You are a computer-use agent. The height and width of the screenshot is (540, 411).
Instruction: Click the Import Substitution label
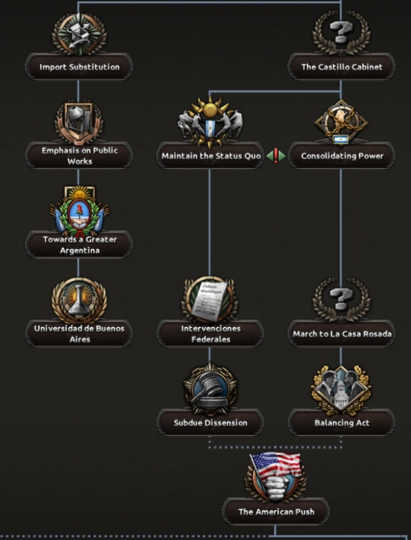[79, 67]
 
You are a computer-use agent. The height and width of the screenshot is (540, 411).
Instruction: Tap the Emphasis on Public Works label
[79, 156]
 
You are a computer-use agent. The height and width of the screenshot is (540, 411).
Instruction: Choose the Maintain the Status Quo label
[211, 156]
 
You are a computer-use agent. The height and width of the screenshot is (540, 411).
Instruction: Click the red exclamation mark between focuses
[275, 156]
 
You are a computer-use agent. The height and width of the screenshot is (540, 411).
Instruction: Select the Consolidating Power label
[342, 156]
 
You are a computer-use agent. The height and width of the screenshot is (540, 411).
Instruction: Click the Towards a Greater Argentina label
[79, 245]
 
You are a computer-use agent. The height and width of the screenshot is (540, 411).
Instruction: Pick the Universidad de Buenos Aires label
[79, 334]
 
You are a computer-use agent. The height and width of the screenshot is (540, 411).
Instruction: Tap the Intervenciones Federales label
[210, 334]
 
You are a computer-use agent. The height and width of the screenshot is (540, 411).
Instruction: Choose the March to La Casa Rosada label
[342, 334]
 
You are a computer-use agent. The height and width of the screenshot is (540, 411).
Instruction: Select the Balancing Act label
[342, 423]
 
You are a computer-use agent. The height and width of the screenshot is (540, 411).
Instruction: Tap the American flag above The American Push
[276, 464]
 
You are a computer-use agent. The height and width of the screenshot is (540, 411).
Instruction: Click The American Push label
[276, 512]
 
